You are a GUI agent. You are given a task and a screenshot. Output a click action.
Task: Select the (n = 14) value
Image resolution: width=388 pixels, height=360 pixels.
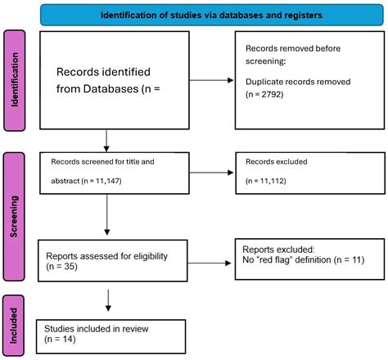tap(62, 339)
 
